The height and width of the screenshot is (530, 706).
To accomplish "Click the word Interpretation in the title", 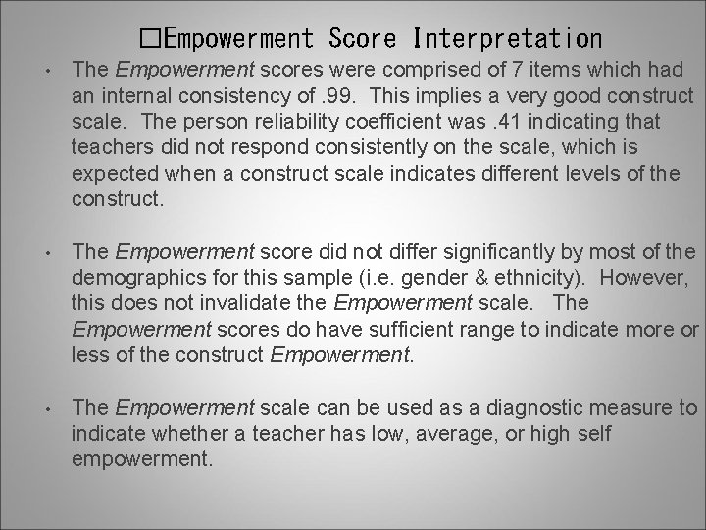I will (x=509, y=39).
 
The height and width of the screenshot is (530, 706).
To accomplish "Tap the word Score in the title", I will (x=363, y=39).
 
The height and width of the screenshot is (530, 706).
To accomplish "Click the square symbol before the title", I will (x=150, y=39).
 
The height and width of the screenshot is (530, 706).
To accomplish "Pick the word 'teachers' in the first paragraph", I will (x=109, y=148).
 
